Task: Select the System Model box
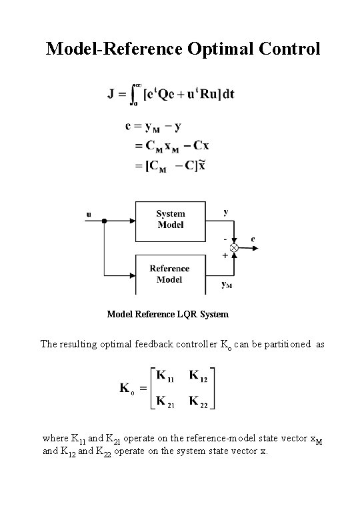[x=171, y=219]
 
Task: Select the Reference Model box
[x=170, y=274]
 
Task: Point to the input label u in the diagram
[x=89, y=214]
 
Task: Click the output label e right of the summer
[x=253, y=238]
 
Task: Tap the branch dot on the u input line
[x=104, y=221]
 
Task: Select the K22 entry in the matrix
[x=199, y=401]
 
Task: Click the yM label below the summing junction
[x=227, y=285]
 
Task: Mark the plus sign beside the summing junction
[x=225, y=255]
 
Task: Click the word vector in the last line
[x=288, y=439]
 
